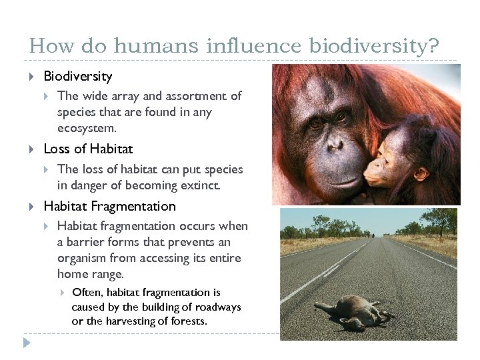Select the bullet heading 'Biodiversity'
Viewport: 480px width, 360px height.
tap(77, 77)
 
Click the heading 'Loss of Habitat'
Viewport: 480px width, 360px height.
tap(88, 149)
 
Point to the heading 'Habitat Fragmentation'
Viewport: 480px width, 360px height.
tap(109, 206)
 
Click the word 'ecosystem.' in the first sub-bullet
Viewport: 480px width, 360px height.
tap(87, 128)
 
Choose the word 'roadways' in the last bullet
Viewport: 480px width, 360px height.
tap(217, 307)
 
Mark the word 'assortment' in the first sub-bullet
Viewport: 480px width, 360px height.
tap(188, 96)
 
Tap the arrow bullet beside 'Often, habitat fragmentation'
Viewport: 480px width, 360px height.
tap(61, 293)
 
